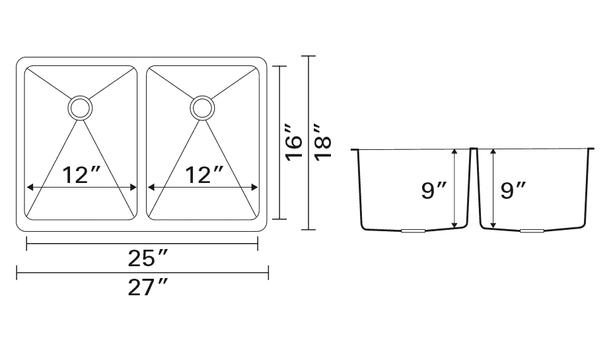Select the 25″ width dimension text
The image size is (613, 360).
coord(147,258)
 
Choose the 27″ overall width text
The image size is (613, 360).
coord(147,288)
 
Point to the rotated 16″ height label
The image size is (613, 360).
coord(293,143)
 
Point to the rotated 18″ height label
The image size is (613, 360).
coord(323,143)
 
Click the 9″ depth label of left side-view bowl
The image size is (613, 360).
coord(433,190)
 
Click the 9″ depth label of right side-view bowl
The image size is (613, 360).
coord(513,190)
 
